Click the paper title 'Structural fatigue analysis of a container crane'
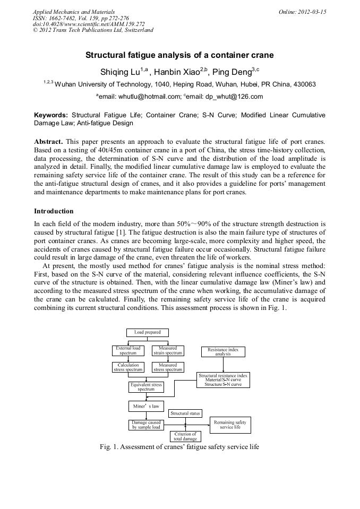coord(179,55)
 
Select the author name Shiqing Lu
coord(120,72)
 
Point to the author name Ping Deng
coord(230,72)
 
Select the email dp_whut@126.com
coord(232,97)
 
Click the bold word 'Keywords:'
coord(51,115)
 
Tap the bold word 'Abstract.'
coord(49,142)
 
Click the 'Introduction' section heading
coord(54,211)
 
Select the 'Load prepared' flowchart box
coord(147,333)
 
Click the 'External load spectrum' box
coord(128,350)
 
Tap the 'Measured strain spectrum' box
coord(168,350)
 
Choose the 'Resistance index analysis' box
coord(223,351)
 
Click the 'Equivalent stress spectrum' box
coord(146,387)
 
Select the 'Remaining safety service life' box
coord(230,425)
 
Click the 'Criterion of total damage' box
coord(185,436)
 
